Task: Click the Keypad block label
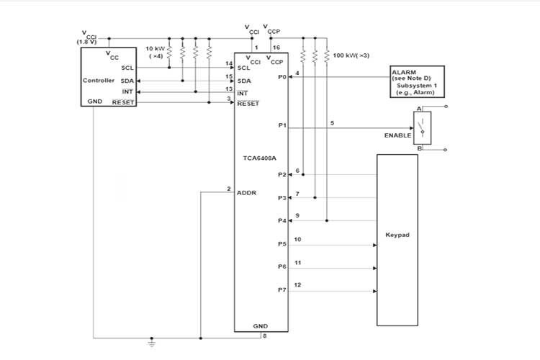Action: coord(397,235)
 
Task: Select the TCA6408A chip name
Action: coord(261,157)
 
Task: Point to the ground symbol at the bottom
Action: coord(151,341)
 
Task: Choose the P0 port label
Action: coord(282,76)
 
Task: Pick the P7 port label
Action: coord(282,290)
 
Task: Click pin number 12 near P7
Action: coord(298,285)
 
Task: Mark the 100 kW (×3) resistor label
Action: coord(351,55)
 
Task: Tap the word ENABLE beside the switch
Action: coord(397,135)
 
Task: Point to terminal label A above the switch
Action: coord(419,108)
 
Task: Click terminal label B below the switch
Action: coord(419,148)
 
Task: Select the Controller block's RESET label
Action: coord(123,102)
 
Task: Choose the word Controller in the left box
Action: coord(99,80)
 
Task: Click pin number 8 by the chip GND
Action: coord(265,336)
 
